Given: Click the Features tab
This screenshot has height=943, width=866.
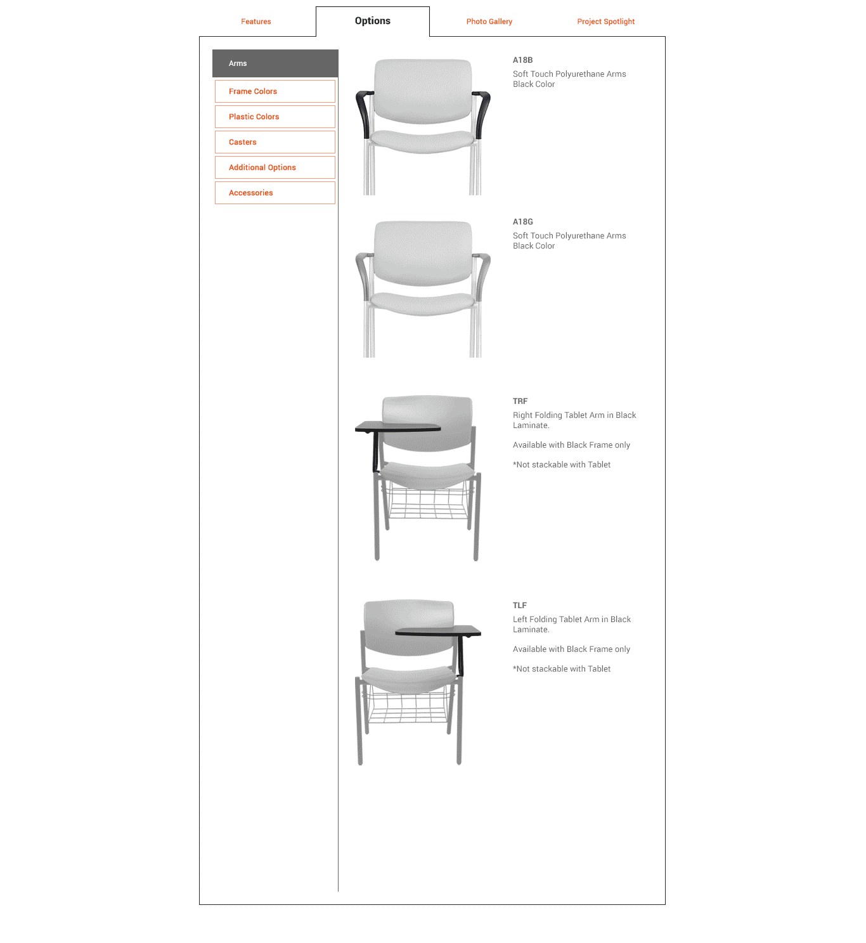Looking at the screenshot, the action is [255, 22].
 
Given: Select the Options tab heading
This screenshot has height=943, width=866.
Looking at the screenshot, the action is [372, 21].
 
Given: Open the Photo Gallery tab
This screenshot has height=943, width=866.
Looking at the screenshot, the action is [489, 22].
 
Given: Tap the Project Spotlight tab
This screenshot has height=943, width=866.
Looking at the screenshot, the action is [605, 22].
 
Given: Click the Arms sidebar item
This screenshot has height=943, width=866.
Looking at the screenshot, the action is [275, 63].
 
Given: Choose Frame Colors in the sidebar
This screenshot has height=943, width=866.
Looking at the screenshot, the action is [275, 91].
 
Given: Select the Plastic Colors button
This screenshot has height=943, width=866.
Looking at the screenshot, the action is [275, 117].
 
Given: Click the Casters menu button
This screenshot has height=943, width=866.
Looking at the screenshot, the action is [275, 142].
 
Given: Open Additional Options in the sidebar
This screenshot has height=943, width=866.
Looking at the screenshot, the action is [275, 167].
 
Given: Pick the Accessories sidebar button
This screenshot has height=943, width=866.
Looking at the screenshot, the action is [275, 193].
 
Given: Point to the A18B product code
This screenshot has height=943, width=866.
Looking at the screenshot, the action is [522, 60].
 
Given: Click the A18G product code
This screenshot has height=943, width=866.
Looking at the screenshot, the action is [522, 222].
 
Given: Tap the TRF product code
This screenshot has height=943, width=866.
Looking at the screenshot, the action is [520, 401].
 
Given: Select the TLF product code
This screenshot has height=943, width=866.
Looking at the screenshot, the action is [519, 605].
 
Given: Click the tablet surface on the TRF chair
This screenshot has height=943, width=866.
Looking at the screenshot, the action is [397, 427].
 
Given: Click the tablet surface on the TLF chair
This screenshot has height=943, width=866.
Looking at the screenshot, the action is [437, 631].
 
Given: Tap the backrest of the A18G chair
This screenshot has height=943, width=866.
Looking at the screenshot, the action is [423, 253].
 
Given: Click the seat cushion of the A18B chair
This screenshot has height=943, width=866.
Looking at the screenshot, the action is [422, 141].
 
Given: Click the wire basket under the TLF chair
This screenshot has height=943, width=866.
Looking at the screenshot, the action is [408, 705].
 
